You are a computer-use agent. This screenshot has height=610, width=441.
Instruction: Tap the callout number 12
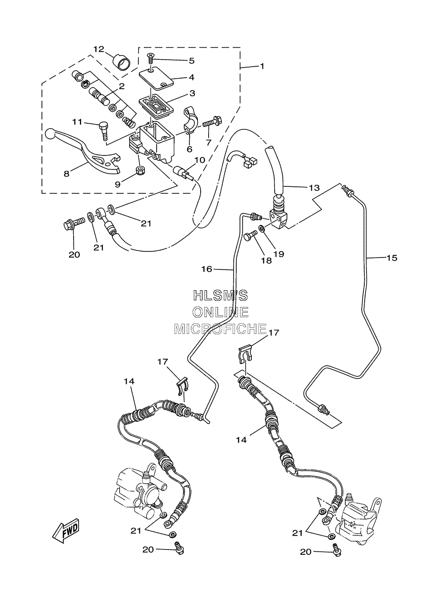pyautogui.click(x=99, y=49)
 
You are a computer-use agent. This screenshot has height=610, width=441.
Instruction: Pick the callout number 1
pyautogui.click(x=262, y=66)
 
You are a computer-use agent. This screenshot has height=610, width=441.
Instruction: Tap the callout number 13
pyautogui.click(x=314, y=188)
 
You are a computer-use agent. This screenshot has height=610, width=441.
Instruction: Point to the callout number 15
pyautogui.click(x=392, y=258)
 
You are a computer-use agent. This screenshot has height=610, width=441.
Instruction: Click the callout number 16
pyautogui.click(x=206, y=269)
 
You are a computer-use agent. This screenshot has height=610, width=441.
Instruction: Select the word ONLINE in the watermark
pyautogui.click(x=220, y=312)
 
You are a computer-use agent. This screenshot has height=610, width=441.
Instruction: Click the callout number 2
pyautogui.click(x=122, y=86)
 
